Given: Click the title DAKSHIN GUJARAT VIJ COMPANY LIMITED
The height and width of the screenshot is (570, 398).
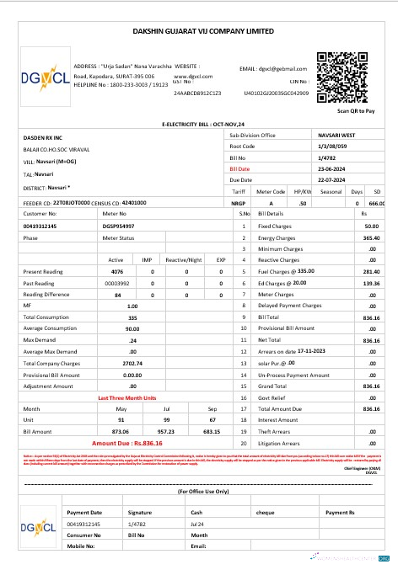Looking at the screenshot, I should click(x=200, y=30).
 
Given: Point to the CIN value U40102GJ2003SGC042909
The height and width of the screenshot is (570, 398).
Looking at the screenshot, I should click(x=272, y=93).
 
